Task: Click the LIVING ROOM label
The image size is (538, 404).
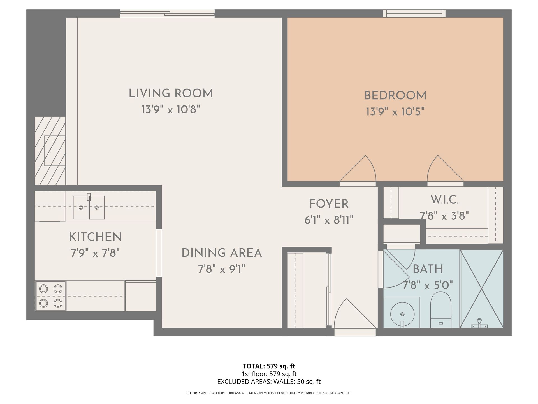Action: (171, 93)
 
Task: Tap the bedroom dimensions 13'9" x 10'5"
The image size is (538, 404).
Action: (395, 112)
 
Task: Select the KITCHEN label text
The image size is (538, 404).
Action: (95, 237)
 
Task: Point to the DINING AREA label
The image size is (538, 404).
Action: (221, 253)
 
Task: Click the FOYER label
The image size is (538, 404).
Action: (329, 204)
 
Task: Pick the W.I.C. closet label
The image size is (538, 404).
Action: (444, 200)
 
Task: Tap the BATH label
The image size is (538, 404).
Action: (428, 269)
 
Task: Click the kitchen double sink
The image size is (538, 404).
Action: (89, 207)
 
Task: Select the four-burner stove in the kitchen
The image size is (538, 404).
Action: (51, 296)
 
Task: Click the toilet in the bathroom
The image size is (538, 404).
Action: (440, 310)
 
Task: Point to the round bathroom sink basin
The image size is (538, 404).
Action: (402, 314)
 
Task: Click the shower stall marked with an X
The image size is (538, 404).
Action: (482, 288)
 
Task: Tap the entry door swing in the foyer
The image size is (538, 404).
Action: (355, 313)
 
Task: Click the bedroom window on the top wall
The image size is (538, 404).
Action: (414, 13)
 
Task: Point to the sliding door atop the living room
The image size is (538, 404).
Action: (167, 13)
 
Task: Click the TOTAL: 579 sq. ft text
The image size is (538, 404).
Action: (269, 366)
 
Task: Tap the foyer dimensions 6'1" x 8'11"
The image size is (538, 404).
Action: (329, 220)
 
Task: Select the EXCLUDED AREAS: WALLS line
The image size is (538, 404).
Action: (269, 382)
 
